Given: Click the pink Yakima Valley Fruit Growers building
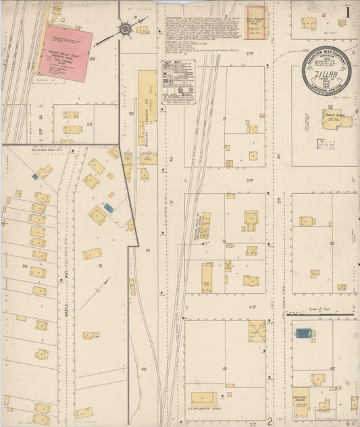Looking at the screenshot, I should [x=65, y=53].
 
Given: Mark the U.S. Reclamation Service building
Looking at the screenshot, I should [x=204, y=399].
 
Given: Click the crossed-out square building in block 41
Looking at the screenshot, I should [x=257, y=330].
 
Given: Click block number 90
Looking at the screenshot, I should [x=24, y=266].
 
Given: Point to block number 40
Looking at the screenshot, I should [x=144, y=369].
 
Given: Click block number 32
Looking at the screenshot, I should [x=331, y=243].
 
